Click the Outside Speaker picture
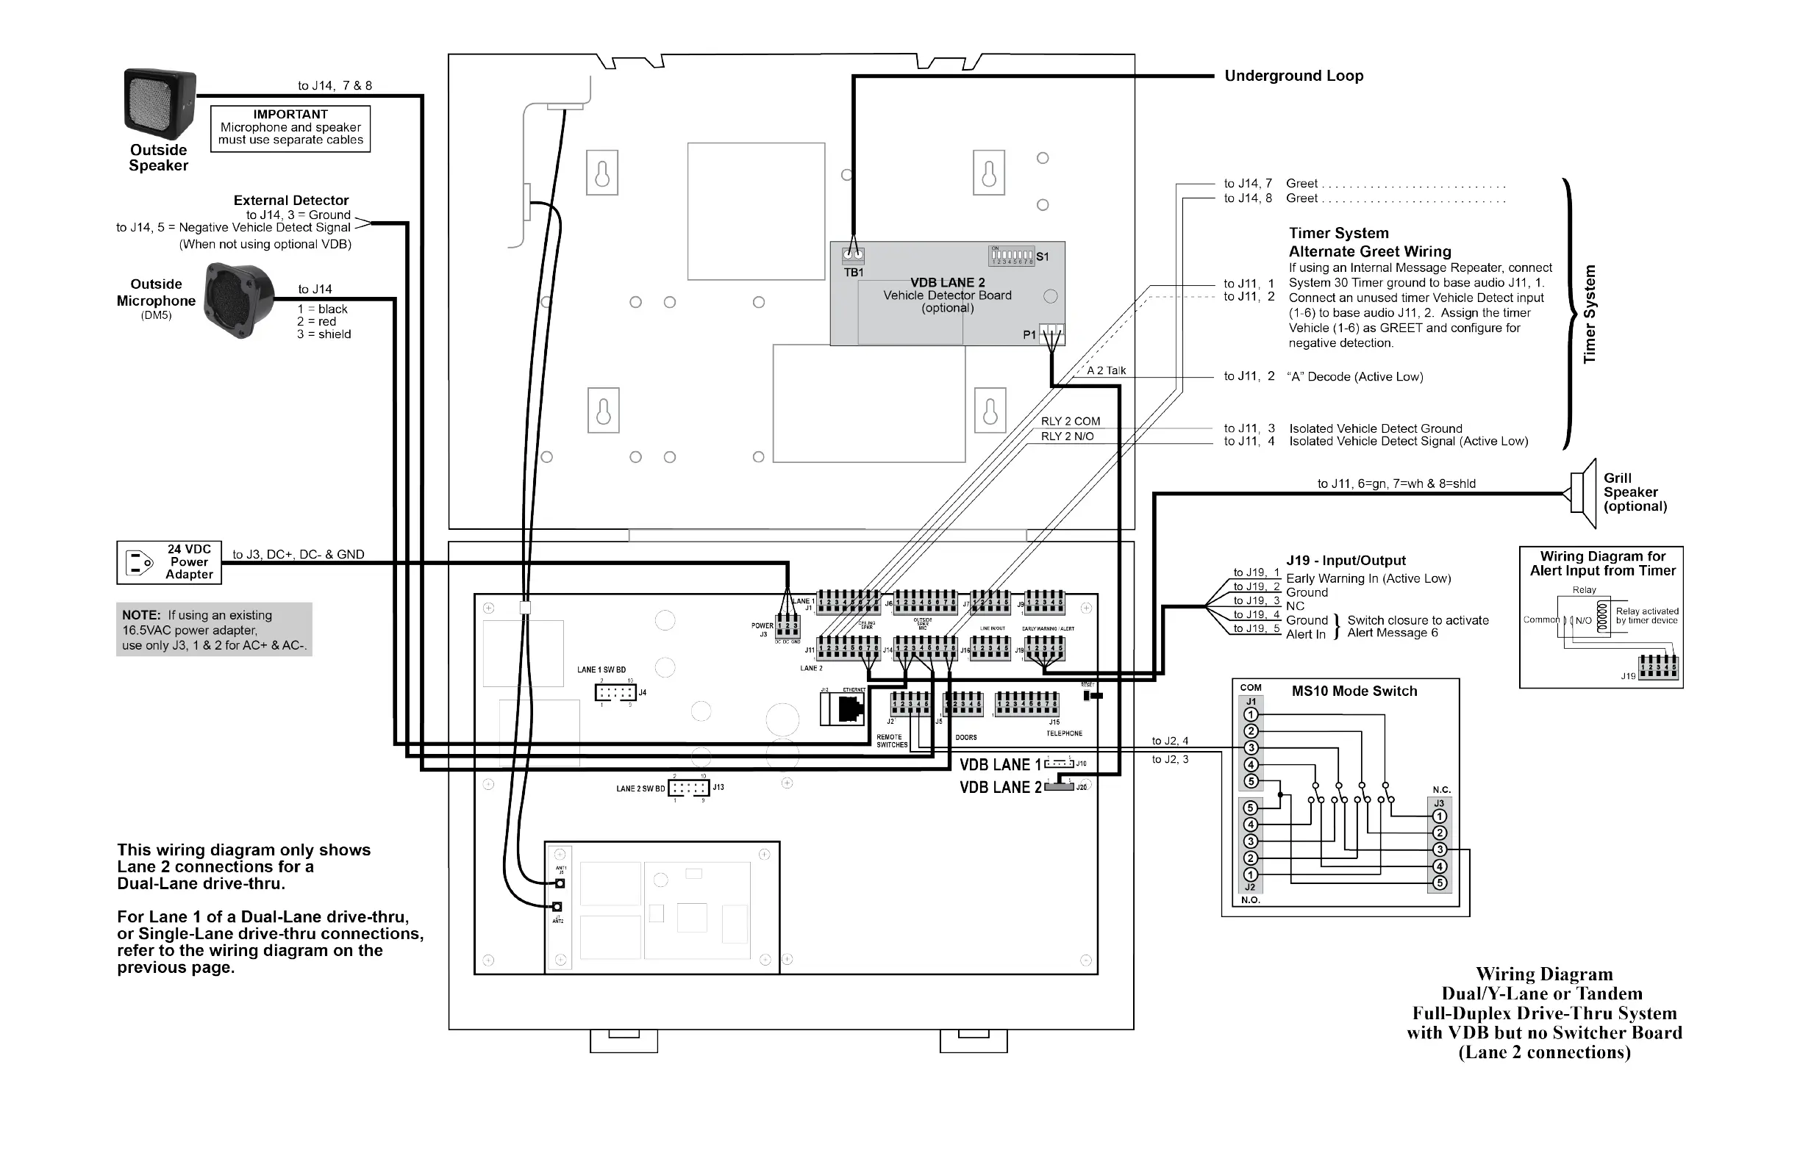(x=160, y=104)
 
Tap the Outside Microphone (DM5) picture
(x=239, y=300)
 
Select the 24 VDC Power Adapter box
(x=168, y=562)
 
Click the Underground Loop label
(x=1293, y=76)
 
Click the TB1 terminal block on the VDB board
(x=853, y=256)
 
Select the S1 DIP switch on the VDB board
(x=1012, y=256)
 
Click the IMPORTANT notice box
(x=290, y=128)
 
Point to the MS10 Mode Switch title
(x=1354, y=691)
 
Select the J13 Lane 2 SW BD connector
(x=688, y=788)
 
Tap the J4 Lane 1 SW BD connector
(x=615, y=692)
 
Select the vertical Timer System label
(x=1589, y=314)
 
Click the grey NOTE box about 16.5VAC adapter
(x=214, y=630)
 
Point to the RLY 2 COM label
(x=1070, y=421)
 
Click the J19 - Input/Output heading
(x=1346, y=560)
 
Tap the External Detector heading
(x=291, y=201)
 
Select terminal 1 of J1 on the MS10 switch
(x=1251, y=715)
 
